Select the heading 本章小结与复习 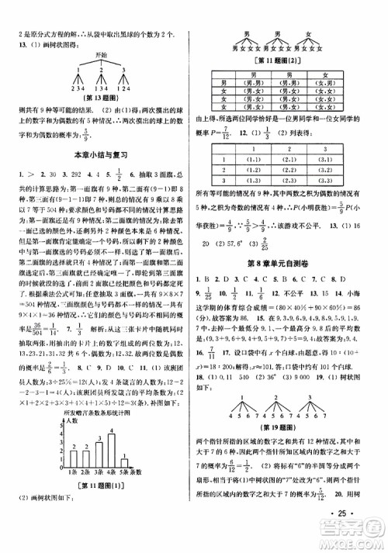pyautogui.click(x=94, y=155)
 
